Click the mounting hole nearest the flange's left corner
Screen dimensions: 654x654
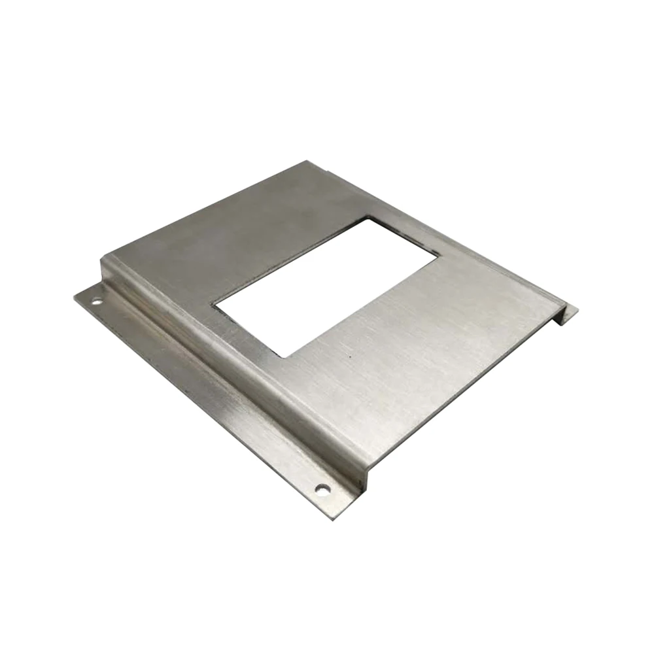click(x=96, y=301)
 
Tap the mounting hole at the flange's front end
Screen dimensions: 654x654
click(x=321, y=488)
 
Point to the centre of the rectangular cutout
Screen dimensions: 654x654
click(x=325, y=286)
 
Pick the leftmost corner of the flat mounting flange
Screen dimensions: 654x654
click(x=75, y=295)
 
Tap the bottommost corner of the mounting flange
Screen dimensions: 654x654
click(x=339, y=517)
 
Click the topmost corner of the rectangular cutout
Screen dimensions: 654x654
click(x=371, y=218)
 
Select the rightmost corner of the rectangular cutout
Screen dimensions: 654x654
click(x=436, y=256)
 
